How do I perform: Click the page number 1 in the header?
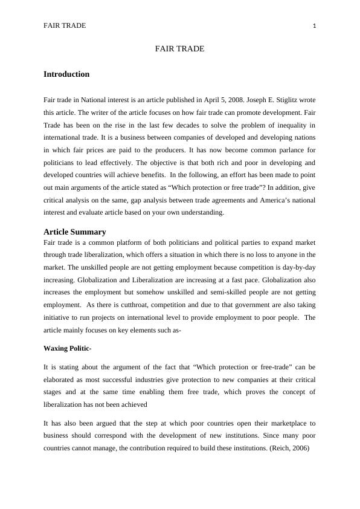coord(315,25)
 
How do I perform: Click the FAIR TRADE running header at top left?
coord(65,25)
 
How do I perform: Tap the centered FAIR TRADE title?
coord(179,48)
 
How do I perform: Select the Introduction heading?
coord(66,74)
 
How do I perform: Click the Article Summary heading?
coord(75,232)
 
